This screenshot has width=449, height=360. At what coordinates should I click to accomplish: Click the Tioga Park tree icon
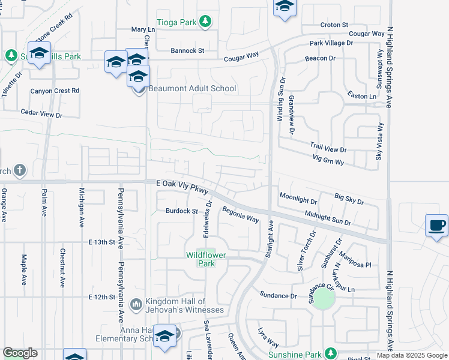point(205,22)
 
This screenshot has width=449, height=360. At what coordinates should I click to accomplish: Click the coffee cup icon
point(436,226)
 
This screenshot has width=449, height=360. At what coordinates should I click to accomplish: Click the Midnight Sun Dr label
point(327,218)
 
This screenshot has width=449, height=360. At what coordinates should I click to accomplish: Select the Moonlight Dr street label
point(298,200)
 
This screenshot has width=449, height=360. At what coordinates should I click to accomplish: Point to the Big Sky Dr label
point(349,199)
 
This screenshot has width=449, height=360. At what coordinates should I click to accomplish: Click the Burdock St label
point(182,211)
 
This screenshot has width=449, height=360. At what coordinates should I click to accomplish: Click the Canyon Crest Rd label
point(55,91)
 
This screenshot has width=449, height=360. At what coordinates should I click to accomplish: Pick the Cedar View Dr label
point(41,113)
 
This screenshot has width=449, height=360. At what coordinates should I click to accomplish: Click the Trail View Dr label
point(328,147)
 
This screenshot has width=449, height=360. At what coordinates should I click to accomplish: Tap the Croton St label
point(334,25)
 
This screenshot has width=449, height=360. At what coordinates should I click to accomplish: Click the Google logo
point(20,353)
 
